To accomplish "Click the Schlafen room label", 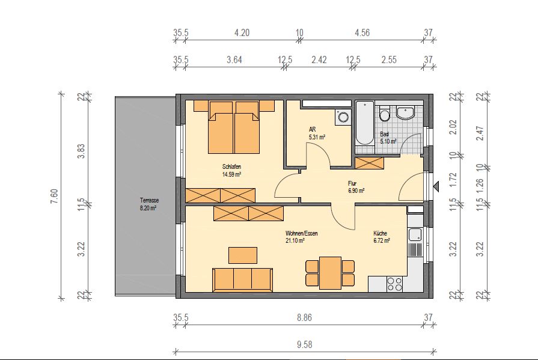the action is coord(231,167).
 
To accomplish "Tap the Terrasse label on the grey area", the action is coord(149,200).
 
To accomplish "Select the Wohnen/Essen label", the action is coord(302,233).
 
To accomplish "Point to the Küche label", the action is coord(380,233).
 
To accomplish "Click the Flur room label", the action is coord(352,183).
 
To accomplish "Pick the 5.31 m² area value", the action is coord(317,137).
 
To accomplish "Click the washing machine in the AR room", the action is coord(343,117).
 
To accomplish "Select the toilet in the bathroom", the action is coord(385,114).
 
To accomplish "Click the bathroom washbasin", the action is coord(405,112).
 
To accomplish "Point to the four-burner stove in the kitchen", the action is coord(394,284).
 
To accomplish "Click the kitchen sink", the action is coord(415,235).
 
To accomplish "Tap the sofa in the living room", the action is coord(243,279).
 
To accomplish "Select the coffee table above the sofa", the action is coord(243,255).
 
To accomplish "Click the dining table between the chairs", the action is coord(330,273).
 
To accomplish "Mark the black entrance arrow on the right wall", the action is coord(436,187).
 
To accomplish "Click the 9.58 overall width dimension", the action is coord(304,344).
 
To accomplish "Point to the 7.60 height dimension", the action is coord(55,197).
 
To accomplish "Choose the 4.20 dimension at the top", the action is coord(242,33).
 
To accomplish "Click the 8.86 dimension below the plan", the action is coord(304,318).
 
